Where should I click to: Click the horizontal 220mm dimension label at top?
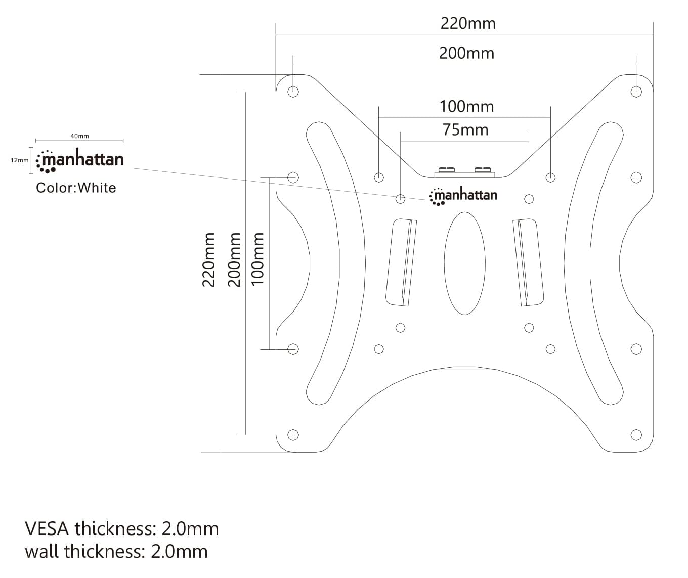[x=468, y=24]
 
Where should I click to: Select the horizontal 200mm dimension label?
[x=466, y=53]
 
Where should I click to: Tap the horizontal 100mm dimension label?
[x=466, y=107]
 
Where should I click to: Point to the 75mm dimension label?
[x=465, y=130]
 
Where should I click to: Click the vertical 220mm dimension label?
[x=209, y=259]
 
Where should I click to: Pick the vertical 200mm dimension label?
[x=234, y=259]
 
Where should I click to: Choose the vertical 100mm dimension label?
[x=258, y=259]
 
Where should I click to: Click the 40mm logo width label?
[x=79, y=136]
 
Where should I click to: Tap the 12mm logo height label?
[x=20, y=160]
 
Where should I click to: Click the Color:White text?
[x=76, y=188]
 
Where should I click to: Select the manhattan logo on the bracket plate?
[x=463, y=196]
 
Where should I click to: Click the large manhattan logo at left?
[x=80, y=160]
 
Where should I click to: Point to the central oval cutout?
[x=464, y=263]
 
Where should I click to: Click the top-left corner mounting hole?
[x=292, y=92]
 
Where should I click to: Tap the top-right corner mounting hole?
[x=636, y=92]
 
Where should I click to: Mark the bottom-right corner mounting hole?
[x=636, y=435]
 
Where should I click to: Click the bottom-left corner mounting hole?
[x=292, y=435]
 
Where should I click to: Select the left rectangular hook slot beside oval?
[x=401, y=262]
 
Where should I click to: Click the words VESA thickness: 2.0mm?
[x=122, y=529]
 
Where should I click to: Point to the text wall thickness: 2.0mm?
[x=116, y=551]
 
